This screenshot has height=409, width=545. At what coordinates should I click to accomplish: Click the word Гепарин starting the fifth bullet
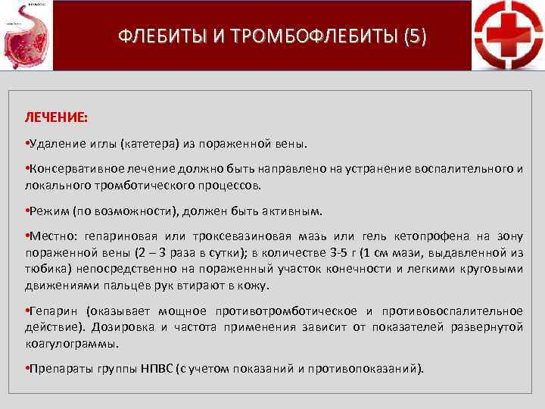(x=53, y=311)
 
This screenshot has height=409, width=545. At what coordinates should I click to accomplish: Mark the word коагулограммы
(x=73, y=342)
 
